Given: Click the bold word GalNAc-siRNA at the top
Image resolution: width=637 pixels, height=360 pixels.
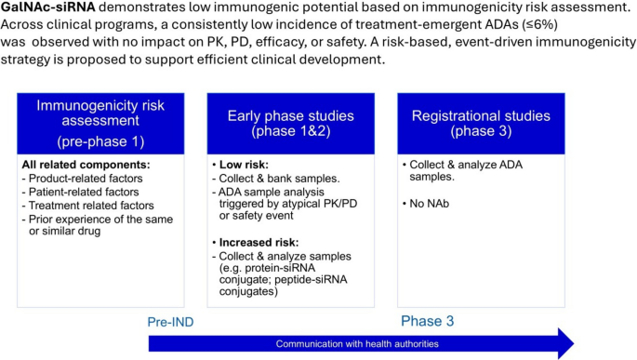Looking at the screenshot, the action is (48, 7).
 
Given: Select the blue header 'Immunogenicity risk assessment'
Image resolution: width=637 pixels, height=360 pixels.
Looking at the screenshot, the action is (100, 124).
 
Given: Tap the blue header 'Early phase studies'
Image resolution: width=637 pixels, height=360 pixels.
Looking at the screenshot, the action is (291, 124).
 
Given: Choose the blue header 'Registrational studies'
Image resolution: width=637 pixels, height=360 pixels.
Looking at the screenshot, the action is (481, 124).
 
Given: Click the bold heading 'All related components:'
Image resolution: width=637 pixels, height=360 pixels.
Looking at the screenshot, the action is (86, 165).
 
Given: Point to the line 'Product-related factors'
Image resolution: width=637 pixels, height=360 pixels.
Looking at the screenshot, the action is (83, 179).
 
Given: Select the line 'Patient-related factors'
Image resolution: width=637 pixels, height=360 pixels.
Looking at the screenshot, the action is (80, 192).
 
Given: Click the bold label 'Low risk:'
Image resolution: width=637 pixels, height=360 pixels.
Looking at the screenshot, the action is (244, 165).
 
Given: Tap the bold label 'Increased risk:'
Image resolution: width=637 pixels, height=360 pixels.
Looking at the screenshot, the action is (259, 243).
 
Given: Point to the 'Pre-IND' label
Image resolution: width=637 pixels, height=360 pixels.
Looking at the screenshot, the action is (170, 322).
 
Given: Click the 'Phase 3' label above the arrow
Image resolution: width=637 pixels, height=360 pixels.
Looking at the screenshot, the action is (428, 321).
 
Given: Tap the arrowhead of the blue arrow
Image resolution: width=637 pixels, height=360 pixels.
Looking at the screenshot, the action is (566, 344).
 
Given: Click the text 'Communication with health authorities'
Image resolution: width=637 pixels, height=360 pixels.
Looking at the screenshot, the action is (357, 344).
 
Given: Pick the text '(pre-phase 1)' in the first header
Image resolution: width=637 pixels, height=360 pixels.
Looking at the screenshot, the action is (100, 141).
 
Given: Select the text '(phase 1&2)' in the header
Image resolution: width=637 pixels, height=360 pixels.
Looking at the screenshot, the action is (291, 131).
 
